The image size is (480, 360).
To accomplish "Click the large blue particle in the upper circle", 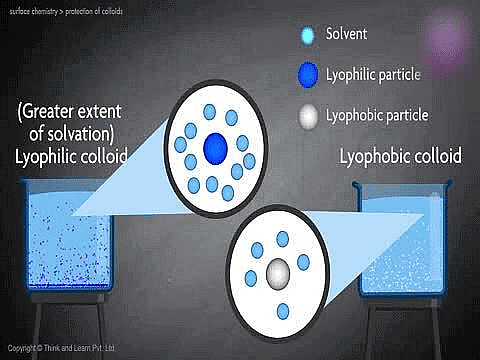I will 215,149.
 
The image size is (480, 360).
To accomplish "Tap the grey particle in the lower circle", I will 278,270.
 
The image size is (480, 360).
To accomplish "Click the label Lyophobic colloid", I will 400,158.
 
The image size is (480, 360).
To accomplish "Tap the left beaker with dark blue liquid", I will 60,250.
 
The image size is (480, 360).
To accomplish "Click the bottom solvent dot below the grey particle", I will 283,309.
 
